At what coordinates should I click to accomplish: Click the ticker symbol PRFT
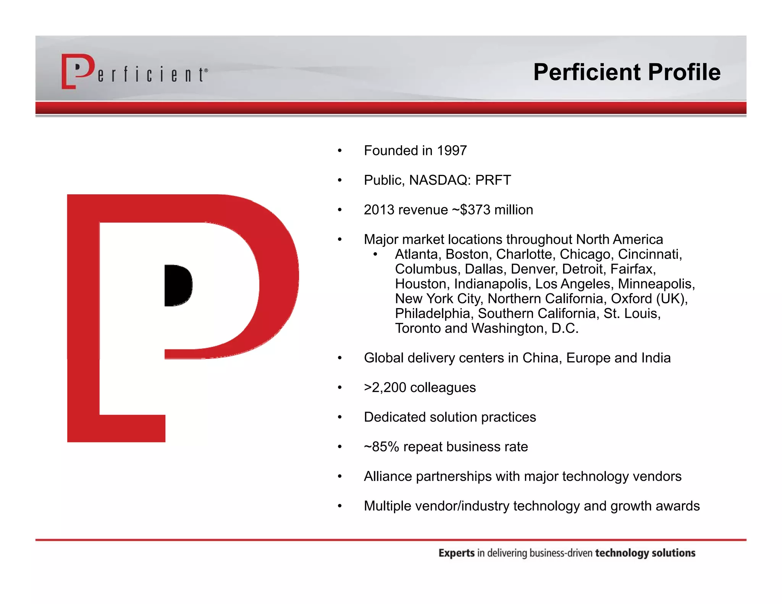(x=493, y=180)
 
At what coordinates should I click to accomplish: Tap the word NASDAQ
(x=438, y=180)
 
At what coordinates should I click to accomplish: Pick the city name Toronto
(x=417, y=328)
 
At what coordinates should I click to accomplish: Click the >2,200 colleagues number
(x=385, y=388)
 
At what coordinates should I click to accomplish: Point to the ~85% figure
(x=381, y=447)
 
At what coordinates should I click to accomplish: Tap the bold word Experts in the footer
(x=456, y=553)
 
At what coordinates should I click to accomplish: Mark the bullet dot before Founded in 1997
(x=339, y=151)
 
